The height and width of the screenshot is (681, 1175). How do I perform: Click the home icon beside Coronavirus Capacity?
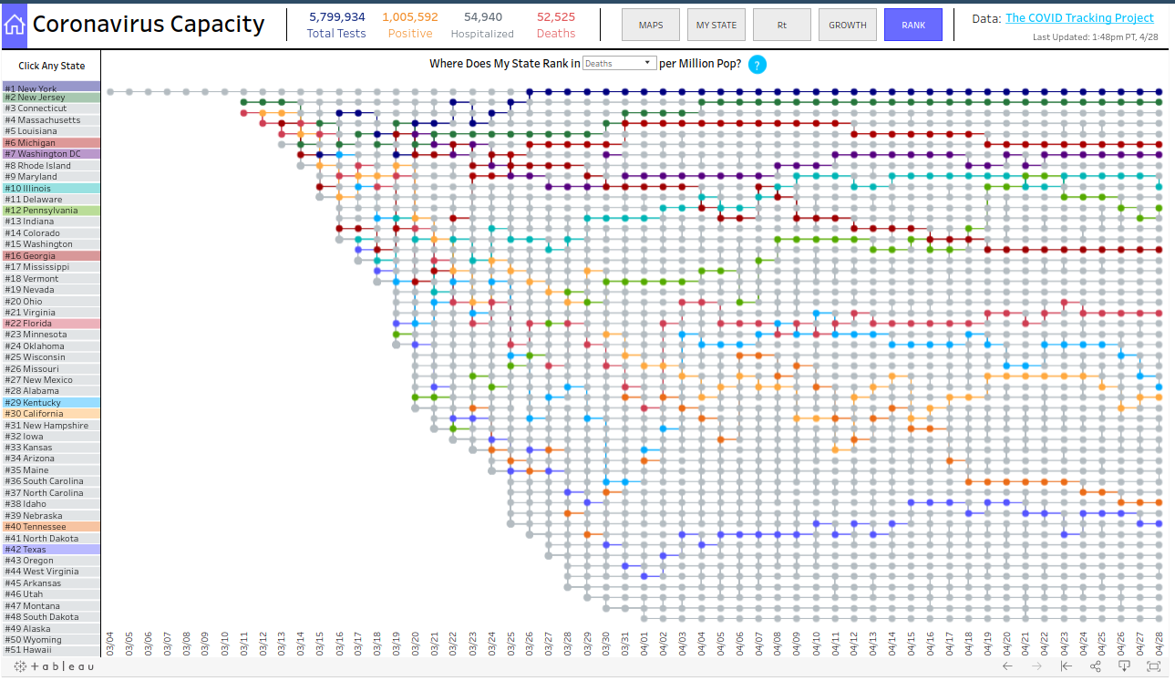(x=15, y=25)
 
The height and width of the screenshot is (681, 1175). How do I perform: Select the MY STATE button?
(x=716, y=25)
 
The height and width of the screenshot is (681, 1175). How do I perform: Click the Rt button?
(x=781, y=25)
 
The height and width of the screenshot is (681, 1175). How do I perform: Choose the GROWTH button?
(x=847, y=25)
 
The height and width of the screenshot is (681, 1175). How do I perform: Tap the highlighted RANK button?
(x=913, y=25)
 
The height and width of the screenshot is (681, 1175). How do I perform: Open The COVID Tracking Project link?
(x=1079, y=18)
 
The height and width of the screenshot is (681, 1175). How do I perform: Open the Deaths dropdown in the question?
(x=619, y=64)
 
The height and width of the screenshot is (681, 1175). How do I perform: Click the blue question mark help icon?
(x=758, y=65)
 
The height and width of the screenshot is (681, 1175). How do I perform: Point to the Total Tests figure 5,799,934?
(x=336, y=17)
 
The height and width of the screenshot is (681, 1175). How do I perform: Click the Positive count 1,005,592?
(x=410, y=17)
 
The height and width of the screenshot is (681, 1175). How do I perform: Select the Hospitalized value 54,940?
(x=482, y=17)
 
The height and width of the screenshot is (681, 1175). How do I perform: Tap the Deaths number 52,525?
(x=556, y=17)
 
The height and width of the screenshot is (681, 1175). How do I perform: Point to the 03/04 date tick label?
(x=110, y=641)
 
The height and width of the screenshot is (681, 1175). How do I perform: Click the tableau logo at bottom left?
(x=54, y=667)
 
